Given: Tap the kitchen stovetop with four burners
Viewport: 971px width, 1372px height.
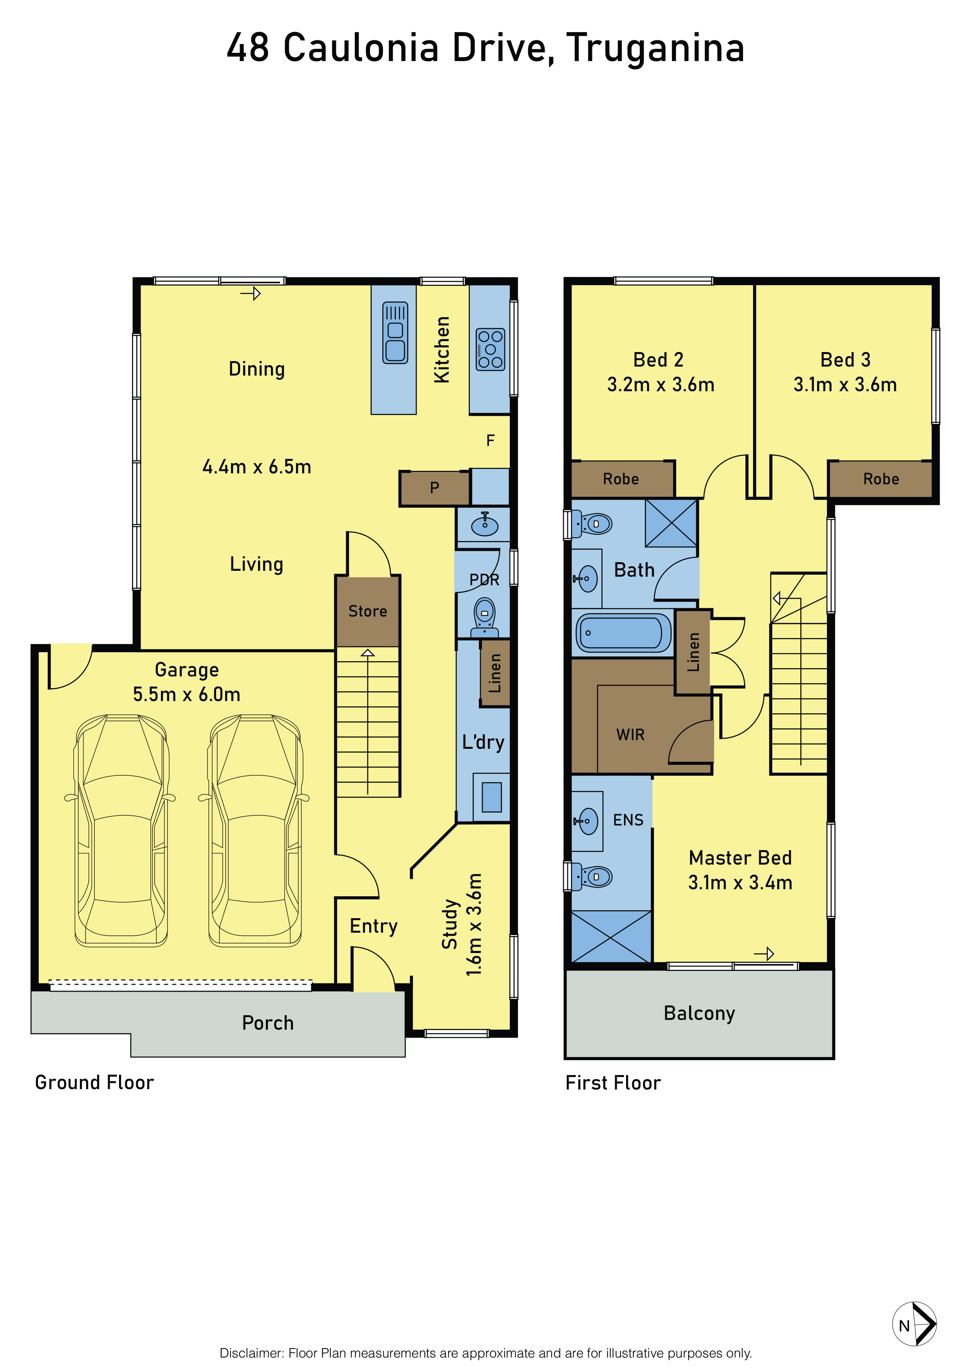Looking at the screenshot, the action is point(490,350).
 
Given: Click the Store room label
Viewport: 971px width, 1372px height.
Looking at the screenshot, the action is point(368,611).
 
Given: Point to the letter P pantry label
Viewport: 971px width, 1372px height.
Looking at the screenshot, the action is point(435,487).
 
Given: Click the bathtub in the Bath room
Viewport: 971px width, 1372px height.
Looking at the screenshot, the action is point(623,633).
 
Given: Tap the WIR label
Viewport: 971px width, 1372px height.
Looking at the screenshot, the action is point(631,735).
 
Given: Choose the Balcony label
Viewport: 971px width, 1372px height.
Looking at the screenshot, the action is point(700,1014).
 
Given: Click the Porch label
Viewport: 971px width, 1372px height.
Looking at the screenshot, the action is point(268,1023).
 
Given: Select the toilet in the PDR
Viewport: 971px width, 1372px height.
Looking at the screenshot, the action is point(484,618).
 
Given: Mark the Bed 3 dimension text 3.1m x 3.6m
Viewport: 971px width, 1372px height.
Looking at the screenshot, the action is point(845,385).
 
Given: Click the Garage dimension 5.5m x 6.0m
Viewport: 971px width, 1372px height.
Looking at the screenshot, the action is point(186,694).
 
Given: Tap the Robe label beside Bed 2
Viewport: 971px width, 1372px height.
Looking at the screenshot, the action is point(621,479).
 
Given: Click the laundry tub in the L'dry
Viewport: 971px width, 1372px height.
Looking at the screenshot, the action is point(491,797).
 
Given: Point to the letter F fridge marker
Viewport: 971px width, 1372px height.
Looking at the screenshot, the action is point(490,441).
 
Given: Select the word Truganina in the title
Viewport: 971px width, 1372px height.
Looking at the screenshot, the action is point(655,49).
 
